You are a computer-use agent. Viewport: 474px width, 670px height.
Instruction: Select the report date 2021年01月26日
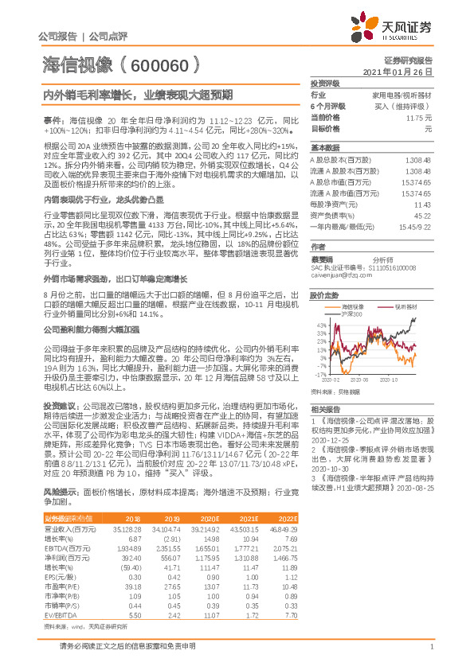402,72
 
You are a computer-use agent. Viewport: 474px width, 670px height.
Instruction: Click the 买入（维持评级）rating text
407,106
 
